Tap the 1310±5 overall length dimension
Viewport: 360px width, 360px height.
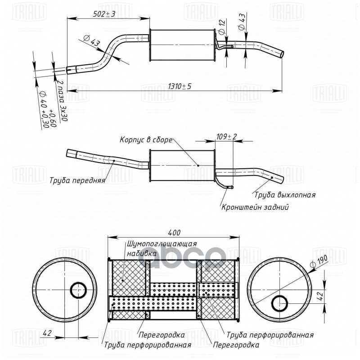pos(179,86)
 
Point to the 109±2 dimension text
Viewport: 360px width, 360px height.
pos(226,136)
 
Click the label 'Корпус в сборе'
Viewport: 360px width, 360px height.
pos(146,139)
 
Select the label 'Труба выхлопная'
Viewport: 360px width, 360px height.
pos(284,195)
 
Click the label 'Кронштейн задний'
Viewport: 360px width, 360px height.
pos(255,207)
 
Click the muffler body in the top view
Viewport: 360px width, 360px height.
pos(182,45)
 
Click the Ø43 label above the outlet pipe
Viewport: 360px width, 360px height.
pos(242,21)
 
